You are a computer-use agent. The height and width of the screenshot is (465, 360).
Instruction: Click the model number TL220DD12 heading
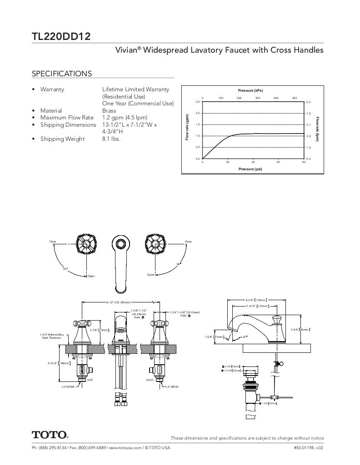tap(61, 36)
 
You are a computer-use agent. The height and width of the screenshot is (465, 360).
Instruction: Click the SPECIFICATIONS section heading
tap(62, 74)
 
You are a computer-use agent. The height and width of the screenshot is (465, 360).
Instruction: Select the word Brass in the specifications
tap(109, 110)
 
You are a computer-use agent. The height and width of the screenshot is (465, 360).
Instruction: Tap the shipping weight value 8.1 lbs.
tap(111, 139)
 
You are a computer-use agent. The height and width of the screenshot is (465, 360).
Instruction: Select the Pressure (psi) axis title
tap(250, 169)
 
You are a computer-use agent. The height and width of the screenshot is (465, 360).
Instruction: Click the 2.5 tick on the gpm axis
tap(198, 102)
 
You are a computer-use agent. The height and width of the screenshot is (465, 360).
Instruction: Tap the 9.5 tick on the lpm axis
tap(308, 102)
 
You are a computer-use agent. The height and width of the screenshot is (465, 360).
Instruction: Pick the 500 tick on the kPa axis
tap(295, 98)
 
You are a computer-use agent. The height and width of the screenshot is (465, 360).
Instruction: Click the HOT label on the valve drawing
tap(90, 380)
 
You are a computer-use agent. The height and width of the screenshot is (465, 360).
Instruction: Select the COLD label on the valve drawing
tap(150, 380)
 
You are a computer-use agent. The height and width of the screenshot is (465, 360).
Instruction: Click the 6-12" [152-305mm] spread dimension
tap(119, 302)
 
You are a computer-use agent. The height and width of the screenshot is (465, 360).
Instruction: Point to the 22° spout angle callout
tap(245, 336)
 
